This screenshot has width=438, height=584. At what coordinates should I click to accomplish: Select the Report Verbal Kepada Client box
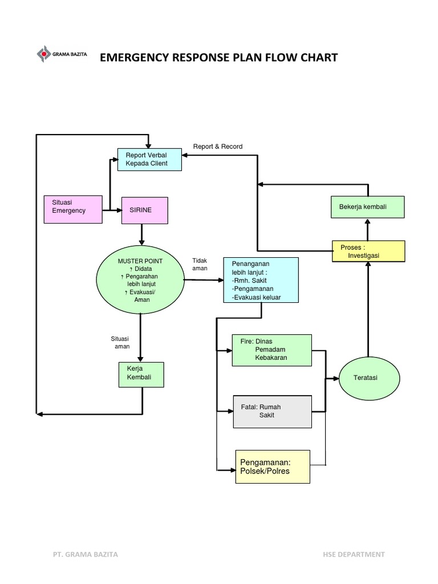coord(149,159)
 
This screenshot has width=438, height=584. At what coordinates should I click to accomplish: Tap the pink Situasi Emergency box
coord(73,209)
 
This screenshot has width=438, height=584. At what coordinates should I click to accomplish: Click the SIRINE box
coord(145,211)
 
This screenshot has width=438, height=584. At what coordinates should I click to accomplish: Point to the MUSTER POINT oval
coord(140,280)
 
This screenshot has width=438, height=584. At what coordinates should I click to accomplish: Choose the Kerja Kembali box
coord(141,375)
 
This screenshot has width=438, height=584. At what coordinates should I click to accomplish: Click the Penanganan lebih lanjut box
coord(261,280)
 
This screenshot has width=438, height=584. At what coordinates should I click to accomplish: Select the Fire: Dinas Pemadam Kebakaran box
coord(271,350)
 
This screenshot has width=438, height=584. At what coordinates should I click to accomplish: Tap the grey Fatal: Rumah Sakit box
coord(272,411)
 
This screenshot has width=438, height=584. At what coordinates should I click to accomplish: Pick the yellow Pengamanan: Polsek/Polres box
coord(273,467)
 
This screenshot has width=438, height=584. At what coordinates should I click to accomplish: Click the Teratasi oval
coord(368,378)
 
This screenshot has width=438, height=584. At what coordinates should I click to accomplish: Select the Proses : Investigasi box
coord(368,252)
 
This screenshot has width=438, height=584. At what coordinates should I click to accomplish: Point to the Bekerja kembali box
coord(367,206)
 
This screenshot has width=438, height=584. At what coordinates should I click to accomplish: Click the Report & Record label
coord(218,147)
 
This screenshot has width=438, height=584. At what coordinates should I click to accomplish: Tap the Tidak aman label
coord(200,264)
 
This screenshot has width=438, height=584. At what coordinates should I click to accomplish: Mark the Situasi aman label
coord(120,342)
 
